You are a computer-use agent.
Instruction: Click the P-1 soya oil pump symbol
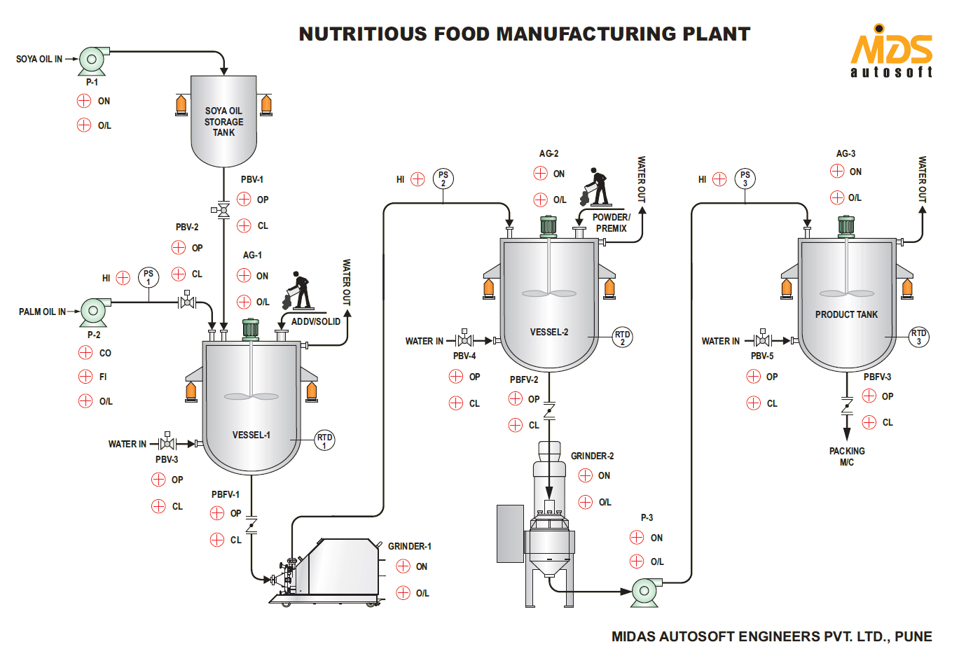pos(92,60)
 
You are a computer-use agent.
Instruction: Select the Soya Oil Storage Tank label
pos(224,122)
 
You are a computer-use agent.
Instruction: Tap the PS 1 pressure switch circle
pos(149,277)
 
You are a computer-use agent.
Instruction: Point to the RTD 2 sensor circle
pos(622,337)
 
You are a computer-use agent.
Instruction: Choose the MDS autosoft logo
pos(891,52)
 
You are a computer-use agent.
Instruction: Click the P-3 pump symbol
pos(645,591)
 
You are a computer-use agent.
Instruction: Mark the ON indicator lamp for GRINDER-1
pos(403,566)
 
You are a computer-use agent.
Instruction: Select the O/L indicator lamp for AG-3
pos(837,197)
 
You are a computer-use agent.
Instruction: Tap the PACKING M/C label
pos(847,456)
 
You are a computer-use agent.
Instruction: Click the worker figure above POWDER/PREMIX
pos(595,187)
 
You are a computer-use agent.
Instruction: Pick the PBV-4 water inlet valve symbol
pos(464,340)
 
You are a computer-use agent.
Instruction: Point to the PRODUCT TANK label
pos(846,315)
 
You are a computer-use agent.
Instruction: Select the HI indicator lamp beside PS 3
pos(719,179)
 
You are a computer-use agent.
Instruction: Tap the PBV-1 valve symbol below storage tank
pos(223,209)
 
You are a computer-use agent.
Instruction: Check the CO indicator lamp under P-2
pos(85,353)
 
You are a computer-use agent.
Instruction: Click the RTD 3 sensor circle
pos(918,337)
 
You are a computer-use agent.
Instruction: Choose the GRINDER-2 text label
pos(592,456)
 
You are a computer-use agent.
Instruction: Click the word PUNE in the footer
pos(913,636)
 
